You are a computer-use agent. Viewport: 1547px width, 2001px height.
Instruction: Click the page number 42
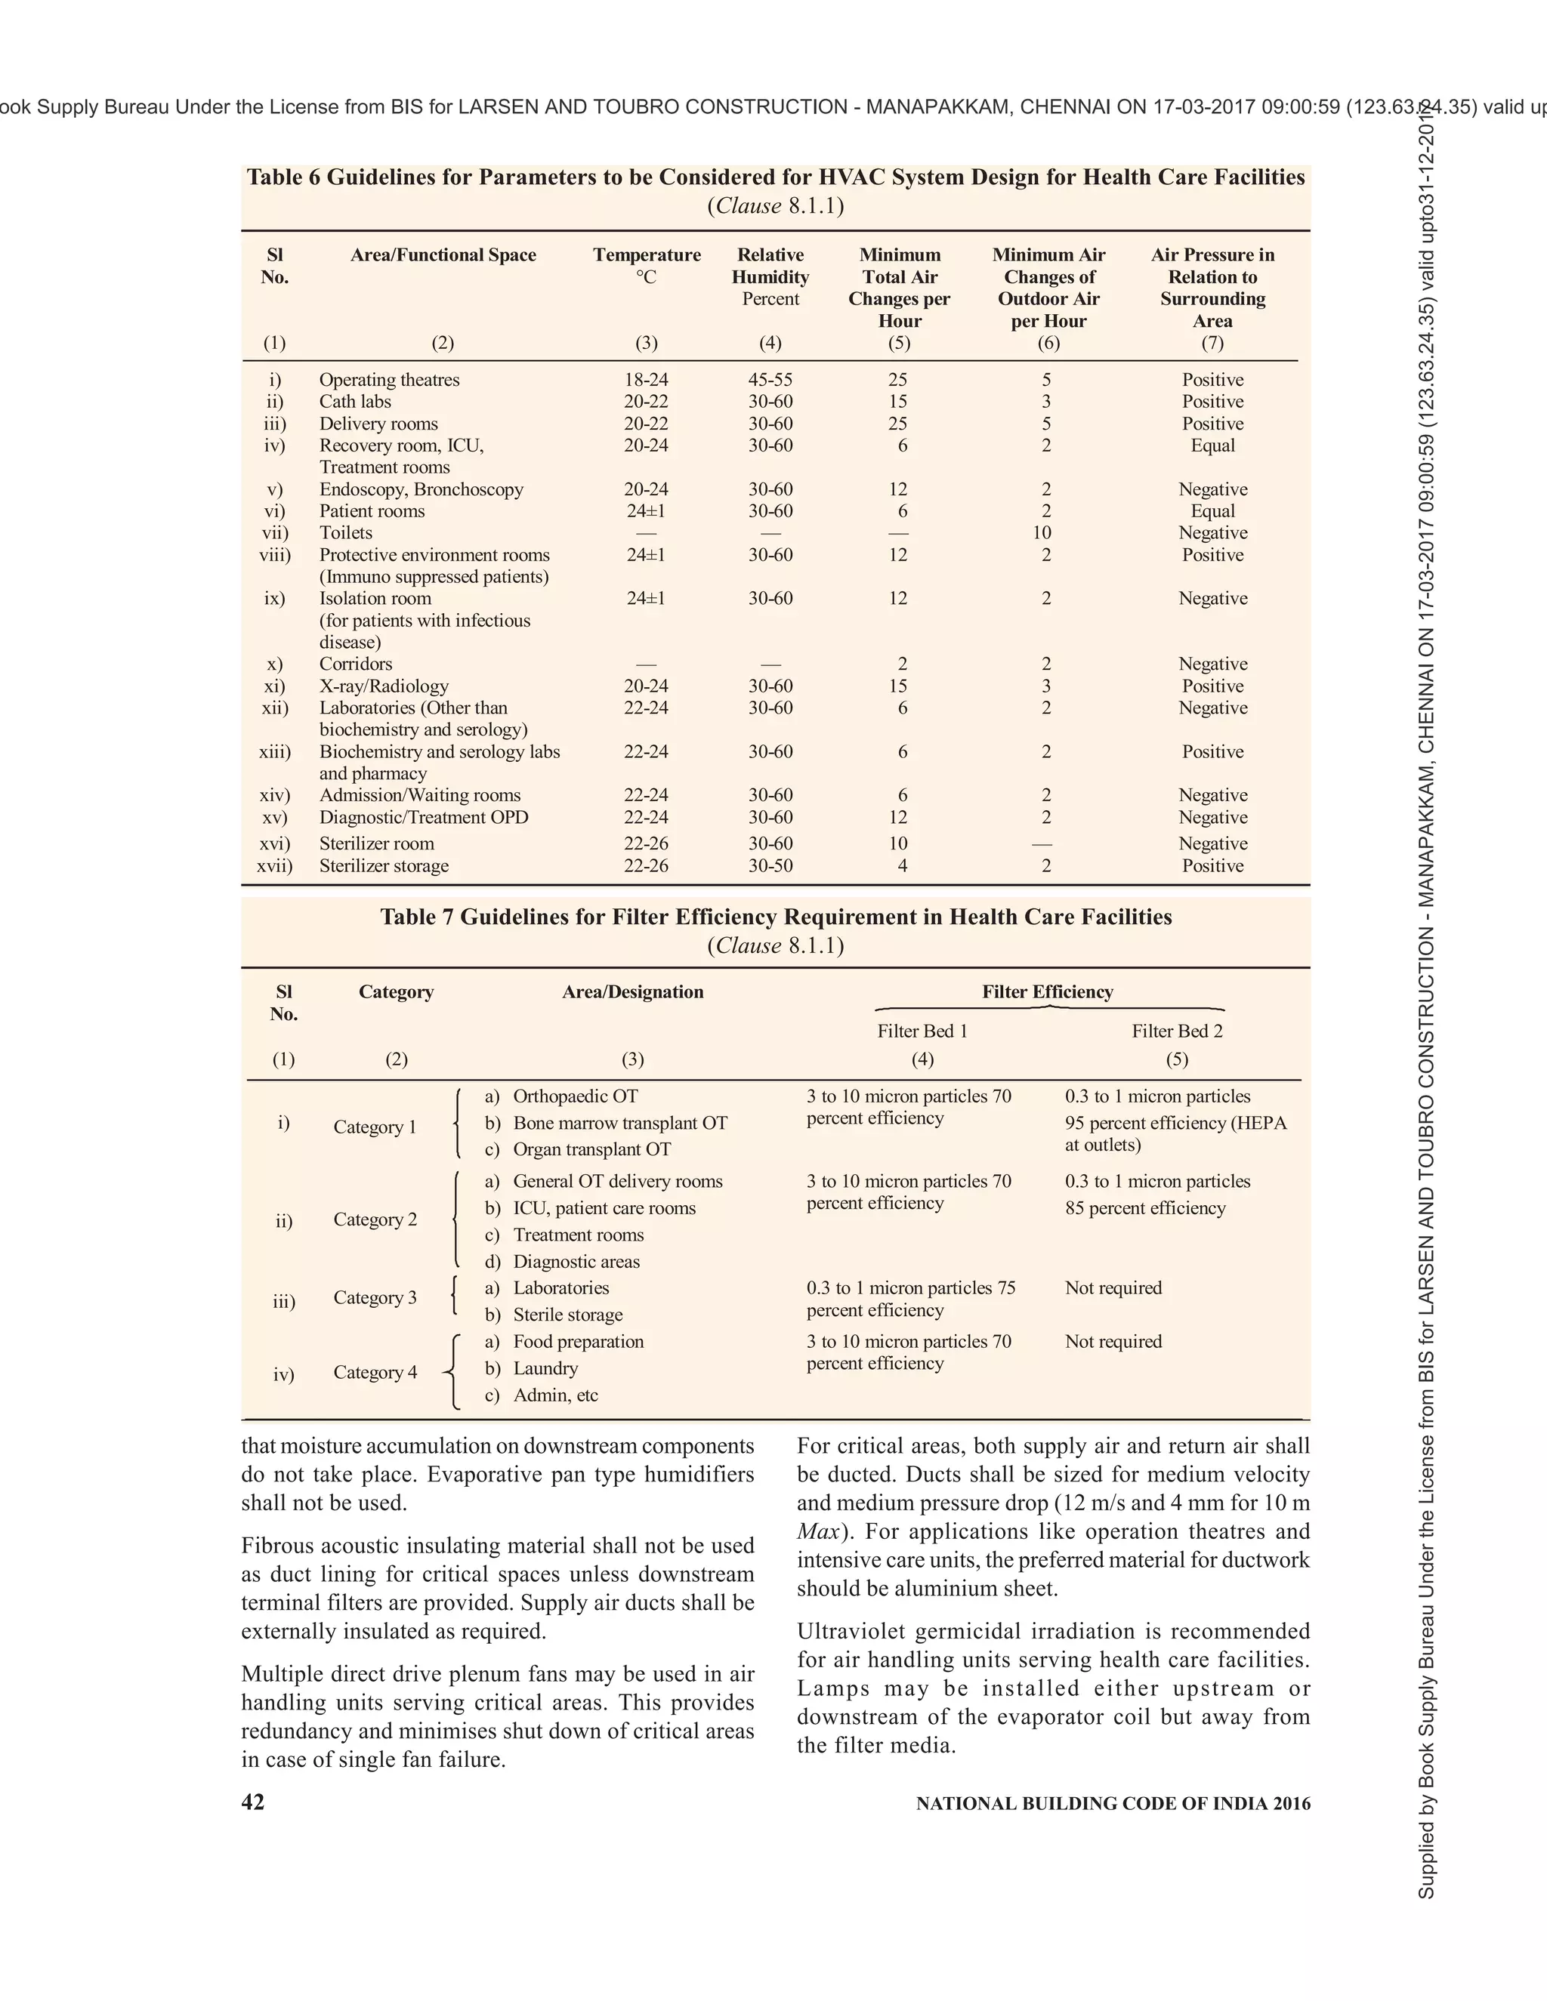[252, 1802]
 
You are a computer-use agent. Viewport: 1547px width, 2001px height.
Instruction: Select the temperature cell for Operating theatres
[646, 379]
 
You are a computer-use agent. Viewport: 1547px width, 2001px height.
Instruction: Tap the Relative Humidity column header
[770, 276]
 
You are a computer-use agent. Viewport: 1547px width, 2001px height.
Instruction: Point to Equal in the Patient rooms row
[1212, 511]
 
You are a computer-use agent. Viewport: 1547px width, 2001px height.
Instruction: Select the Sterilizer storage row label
[383, 866]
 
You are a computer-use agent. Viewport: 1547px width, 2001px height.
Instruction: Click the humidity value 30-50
[770, 866]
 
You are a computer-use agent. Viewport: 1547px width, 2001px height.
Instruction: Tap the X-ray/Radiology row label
[383, 686]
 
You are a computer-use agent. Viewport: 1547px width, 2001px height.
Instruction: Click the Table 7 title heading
[775, 917]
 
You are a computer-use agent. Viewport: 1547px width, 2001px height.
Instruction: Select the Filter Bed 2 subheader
[1177, 1031]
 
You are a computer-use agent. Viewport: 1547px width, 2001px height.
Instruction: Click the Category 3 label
[375, 1297]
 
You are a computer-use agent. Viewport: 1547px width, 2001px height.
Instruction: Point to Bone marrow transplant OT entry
[619, 1124]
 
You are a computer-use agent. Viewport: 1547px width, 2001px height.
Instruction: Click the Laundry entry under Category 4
[545, 1368]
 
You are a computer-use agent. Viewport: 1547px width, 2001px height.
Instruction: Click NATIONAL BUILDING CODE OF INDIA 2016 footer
[1113, 1803]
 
